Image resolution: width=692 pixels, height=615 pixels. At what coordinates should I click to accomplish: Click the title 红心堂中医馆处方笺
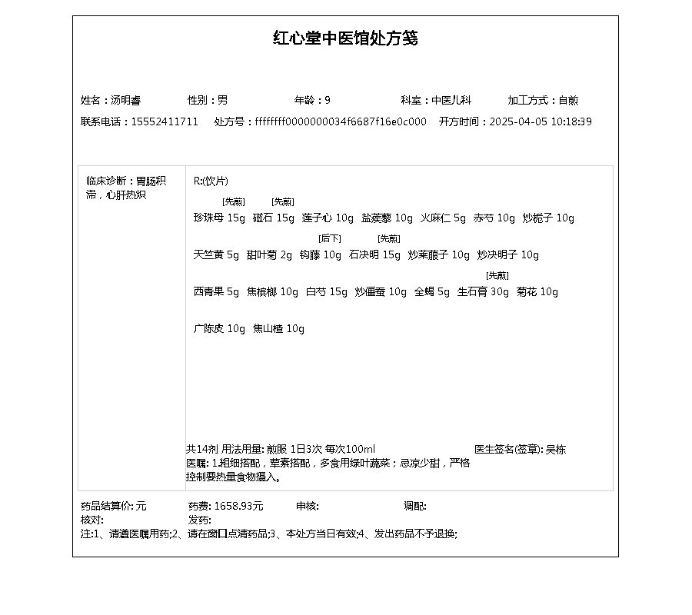click(x=345, y=38)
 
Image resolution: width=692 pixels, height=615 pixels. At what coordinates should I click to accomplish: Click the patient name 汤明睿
click(x=125, y=100)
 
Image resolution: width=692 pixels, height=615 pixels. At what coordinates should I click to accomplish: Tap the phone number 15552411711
click(x=165, y=121)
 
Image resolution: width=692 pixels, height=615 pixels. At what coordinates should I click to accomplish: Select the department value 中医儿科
click(x=451, y=100)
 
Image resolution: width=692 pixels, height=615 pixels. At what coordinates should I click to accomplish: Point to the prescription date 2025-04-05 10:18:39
click(x=541, y=121)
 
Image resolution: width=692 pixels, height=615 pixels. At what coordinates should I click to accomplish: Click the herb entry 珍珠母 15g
click(x=219, y=218)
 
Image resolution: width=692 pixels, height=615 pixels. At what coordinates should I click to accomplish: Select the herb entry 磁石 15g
click(x=274, y=218)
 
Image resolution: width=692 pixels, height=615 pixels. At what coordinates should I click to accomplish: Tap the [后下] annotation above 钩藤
click(x=330, y=238)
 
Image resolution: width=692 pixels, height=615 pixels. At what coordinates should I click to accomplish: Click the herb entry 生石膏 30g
click(x=483, y=292)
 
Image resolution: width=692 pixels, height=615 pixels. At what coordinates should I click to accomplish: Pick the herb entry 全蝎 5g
click(x=432, y=292)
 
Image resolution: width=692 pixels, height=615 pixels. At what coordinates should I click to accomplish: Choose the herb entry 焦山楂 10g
click(x=279, y=329)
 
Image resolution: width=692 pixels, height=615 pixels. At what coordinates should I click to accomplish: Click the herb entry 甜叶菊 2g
click(x=269, y=255)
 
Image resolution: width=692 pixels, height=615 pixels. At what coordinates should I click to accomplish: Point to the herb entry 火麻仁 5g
click(x=443, y=218)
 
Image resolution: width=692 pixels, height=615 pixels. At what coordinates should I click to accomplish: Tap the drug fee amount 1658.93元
click(x=238, y=506)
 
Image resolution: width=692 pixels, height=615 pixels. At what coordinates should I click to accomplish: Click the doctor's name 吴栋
click(x=556, y=450)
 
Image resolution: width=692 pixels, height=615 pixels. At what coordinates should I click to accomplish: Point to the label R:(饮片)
click(x=211, y=181)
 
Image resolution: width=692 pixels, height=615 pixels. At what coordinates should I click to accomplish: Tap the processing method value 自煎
click(x=568, y=100)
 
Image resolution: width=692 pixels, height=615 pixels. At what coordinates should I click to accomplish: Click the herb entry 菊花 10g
click(x=537, y=292)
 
